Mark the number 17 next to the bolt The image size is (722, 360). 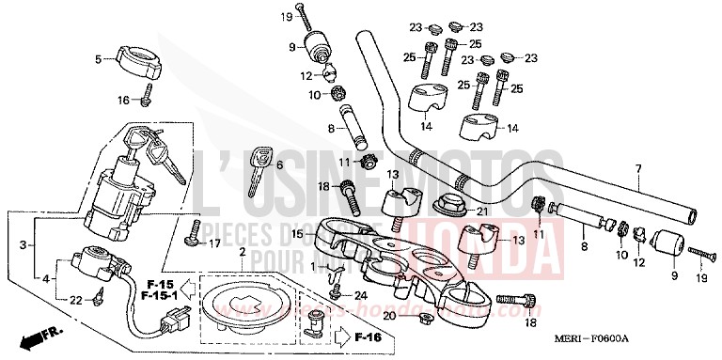(x=215, y=243)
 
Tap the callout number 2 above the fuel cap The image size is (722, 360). (x=242, y=254)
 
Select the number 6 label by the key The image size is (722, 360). (x=278, y=164)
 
